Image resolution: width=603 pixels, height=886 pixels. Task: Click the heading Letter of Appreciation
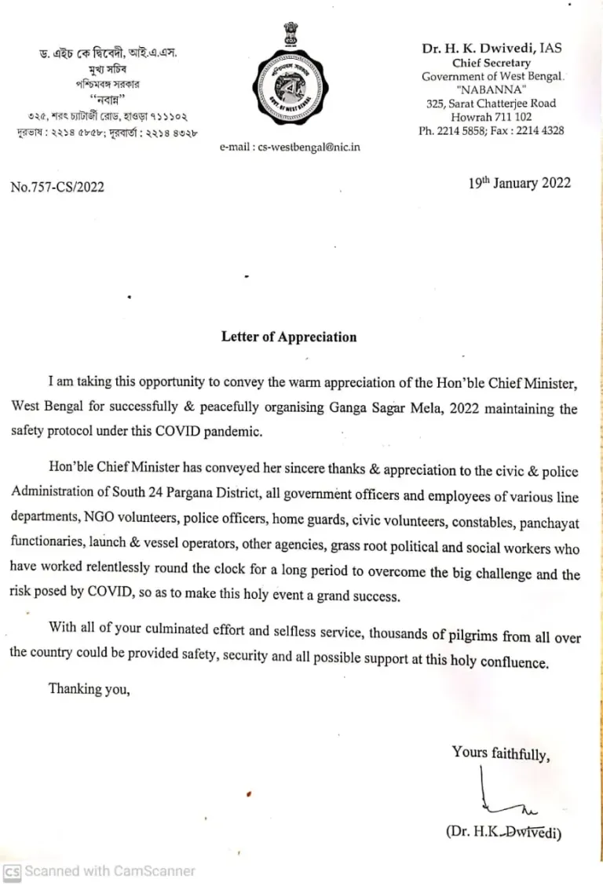coord(289,337)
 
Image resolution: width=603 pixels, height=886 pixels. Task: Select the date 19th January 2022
coord(520,184)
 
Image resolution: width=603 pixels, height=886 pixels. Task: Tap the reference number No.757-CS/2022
coord(57,187)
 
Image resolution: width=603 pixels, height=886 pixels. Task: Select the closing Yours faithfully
coord(500,753)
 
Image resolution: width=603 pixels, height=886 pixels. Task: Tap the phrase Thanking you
coord(89,689)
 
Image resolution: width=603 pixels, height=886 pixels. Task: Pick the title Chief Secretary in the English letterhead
coord(492,63)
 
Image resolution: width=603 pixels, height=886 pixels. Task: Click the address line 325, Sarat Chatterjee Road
coord(492,104)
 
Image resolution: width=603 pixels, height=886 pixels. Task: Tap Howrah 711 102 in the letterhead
coord(492,117)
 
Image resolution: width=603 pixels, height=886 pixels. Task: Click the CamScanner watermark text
coord(110,871)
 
